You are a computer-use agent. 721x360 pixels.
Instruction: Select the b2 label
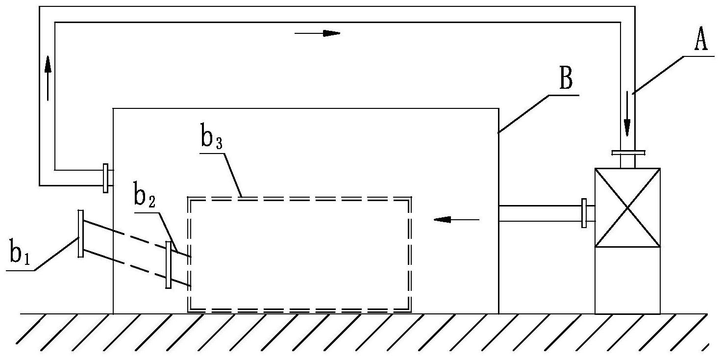(x=144, y=196)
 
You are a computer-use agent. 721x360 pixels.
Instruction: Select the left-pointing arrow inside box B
(x=456, y=220)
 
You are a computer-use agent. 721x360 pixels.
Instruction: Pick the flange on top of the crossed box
(x=627, y=153)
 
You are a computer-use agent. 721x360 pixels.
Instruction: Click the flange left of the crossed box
(x=584, y=213)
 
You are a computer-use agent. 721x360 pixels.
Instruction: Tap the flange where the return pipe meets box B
(x=105, y=178)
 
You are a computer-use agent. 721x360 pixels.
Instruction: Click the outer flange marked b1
(x=80, y=233)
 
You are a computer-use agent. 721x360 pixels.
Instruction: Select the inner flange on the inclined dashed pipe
(x=169, y=265)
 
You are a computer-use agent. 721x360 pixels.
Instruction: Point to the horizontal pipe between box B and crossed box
(x=539, y=213)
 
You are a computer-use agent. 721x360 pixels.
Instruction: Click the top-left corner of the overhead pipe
(x=47, y=15)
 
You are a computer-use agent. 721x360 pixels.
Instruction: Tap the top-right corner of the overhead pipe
(x=627, y=15)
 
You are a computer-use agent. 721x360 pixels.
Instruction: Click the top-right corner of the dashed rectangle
(x=409, y=199)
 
